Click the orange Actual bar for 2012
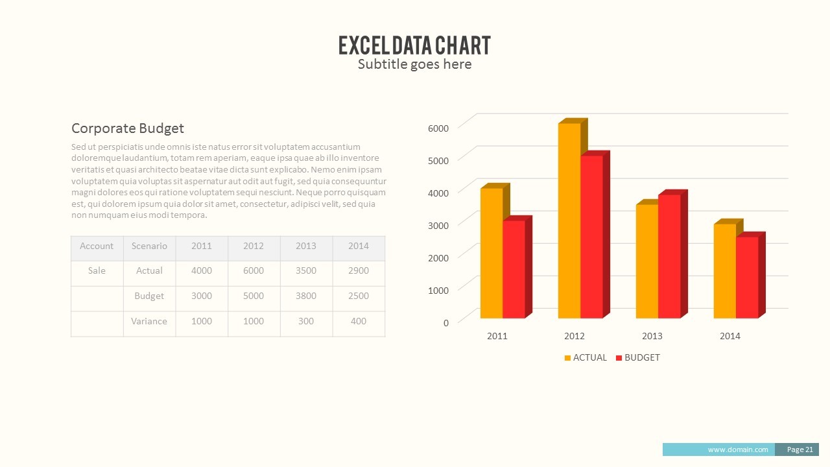569,221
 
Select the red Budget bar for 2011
514,269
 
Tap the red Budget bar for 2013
669,256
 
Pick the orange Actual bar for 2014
724,271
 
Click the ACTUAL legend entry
586,357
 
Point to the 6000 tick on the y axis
438,128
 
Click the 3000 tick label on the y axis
438,226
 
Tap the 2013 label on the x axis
652,336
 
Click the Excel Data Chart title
414,45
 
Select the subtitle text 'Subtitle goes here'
414,64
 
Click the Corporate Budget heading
128,128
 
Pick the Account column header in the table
97,246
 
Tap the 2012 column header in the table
254,246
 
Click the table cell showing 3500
305,271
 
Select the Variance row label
149,322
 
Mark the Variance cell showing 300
305,322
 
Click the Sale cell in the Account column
97,271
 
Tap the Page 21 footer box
800,449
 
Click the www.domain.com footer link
738,449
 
